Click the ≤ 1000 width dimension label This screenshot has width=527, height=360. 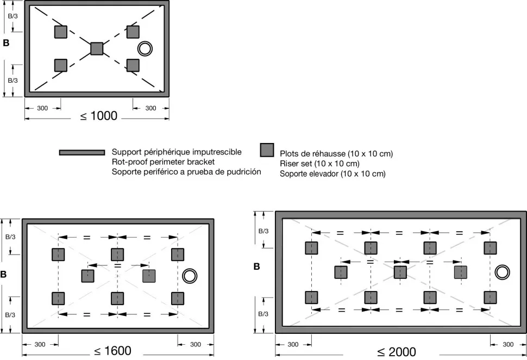99,116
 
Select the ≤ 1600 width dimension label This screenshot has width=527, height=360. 113,351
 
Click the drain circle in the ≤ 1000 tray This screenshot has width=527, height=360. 145,49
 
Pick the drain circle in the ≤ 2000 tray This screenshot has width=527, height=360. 502,272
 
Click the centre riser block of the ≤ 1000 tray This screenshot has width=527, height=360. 97,48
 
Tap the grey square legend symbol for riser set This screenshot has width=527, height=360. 267,150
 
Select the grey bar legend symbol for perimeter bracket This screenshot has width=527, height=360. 81,152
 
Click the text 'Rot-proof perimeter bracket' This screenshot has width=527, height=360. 163,162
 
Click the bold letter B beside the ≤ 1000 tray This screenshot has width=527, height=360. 6,42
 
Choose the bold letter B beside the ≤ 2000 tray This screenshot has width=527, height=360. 258,267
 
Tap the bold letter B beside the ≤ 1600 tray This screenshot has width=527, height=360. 4,275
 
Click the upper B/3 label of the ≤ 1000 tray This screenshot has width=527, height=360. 12,16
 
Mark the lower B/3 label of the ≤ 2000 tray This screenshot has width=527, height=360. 263,314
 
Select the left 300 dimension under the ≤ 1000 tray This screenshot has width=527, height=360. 42,108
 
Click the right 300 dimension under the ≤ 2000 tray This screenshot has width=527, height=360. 508,344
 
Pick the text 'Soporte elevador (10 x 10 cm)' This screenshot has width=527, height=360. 332,174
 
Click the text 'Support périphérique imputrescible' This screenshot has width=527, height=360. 177,152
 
